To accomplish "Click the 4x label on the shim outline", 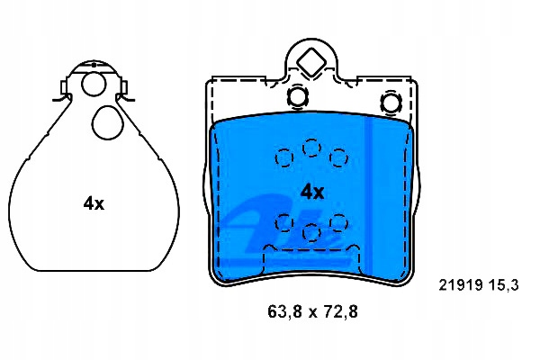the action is point(94,204).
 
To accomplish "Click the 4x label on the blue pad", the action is point(312,192).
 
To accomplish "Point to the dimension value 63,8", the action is point(284,311).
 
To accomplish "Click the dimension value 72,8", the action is point(340,311).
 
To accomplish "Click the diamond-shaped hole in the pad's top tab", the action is point(311,62).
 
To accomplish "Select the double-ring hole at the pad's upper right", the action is point(391,103).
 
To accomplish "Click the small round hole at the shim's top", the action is point(94,84).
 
